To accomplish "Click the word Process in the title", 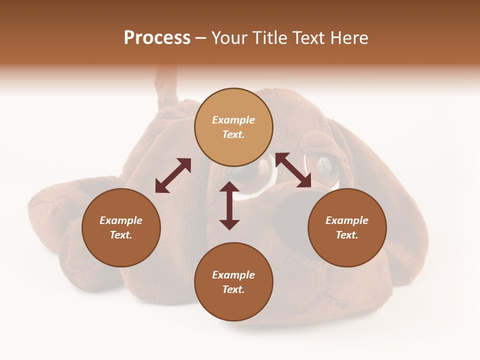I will tap(157, 38).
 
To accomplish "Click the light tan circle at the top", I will tap(233, 127).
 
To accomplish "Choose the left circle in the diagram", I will tap(121, 227).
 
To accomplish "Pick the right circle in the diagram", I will tap(347, 227).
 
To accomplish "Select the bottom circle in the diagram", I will tap(233, 282).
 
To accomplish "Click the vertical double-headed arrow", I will tap(229, 205).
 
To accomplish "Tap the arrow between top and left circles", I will tap(173, 175).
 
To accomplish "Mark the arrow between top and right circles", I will tap(293, 170).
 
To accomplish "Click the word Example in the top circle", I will tap(233, 120).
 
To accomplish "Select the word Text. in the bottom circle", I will tap(233, 289).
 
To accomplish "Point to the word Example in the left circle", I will tap(121, 220).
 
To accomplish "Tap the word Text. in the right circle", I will tap(347, 235).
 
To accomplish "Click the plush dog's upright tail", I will tap(166, 87).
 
